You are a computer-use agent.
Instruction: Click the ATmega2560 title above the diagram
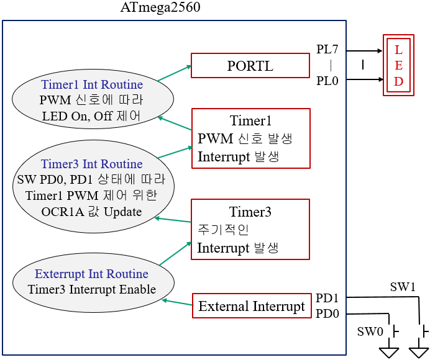160,9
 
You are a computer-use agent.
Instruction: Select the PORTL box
250,65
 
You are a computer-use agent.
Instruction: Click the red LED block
399,66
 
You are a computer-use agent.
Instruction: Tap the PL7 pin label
327,50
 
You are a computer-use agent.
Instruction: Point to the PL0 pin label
327,80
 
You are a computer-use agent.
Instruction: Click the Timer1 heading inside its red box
250,120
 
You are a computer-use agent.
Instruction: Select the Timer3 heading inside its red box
250,212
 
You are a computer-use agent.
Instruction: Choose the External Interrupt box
252,306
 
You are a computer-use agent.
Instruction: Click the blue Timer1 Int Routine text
92,84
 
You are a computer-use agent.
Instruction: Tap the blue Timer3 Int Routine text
92,164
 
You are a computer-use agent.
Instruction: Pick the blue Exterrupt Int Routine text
91,274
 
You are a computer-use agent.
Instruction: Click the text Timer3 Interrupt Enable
92,289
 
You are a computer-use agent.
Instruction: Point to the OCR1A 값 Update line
92,212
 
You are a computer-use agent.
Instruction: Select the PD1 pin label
327,298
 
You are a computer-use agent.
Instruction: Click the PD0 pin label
327,313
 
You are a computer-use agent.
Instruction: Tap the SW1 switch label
402,287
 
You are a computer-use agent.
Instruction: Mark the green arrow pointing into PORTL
174,73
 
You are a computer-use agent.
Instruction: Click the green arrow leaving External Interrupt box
177,303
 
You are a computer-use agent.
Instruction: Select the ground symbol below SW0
390,351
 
